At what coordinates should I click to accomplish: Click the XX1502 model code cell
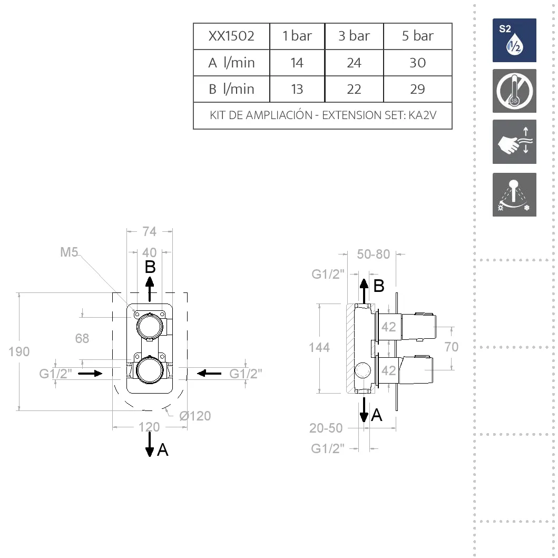231,36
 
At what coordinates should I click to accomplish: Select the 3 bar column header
354,36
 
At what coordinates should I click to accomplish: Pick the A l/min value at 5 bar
417,63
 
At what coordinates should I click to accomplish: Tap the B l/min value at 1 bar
297,89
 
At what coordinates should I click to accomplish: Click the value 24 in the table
354,63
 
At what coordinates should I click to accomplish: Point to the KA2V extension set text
423,115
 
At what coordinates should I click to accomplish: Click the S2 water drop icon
514,40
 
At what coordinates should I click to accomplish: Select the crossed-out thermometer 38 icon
514,91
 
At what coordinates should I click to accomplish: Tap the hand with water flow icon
514,142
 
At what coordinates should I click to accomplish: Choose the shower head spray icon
514,194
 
